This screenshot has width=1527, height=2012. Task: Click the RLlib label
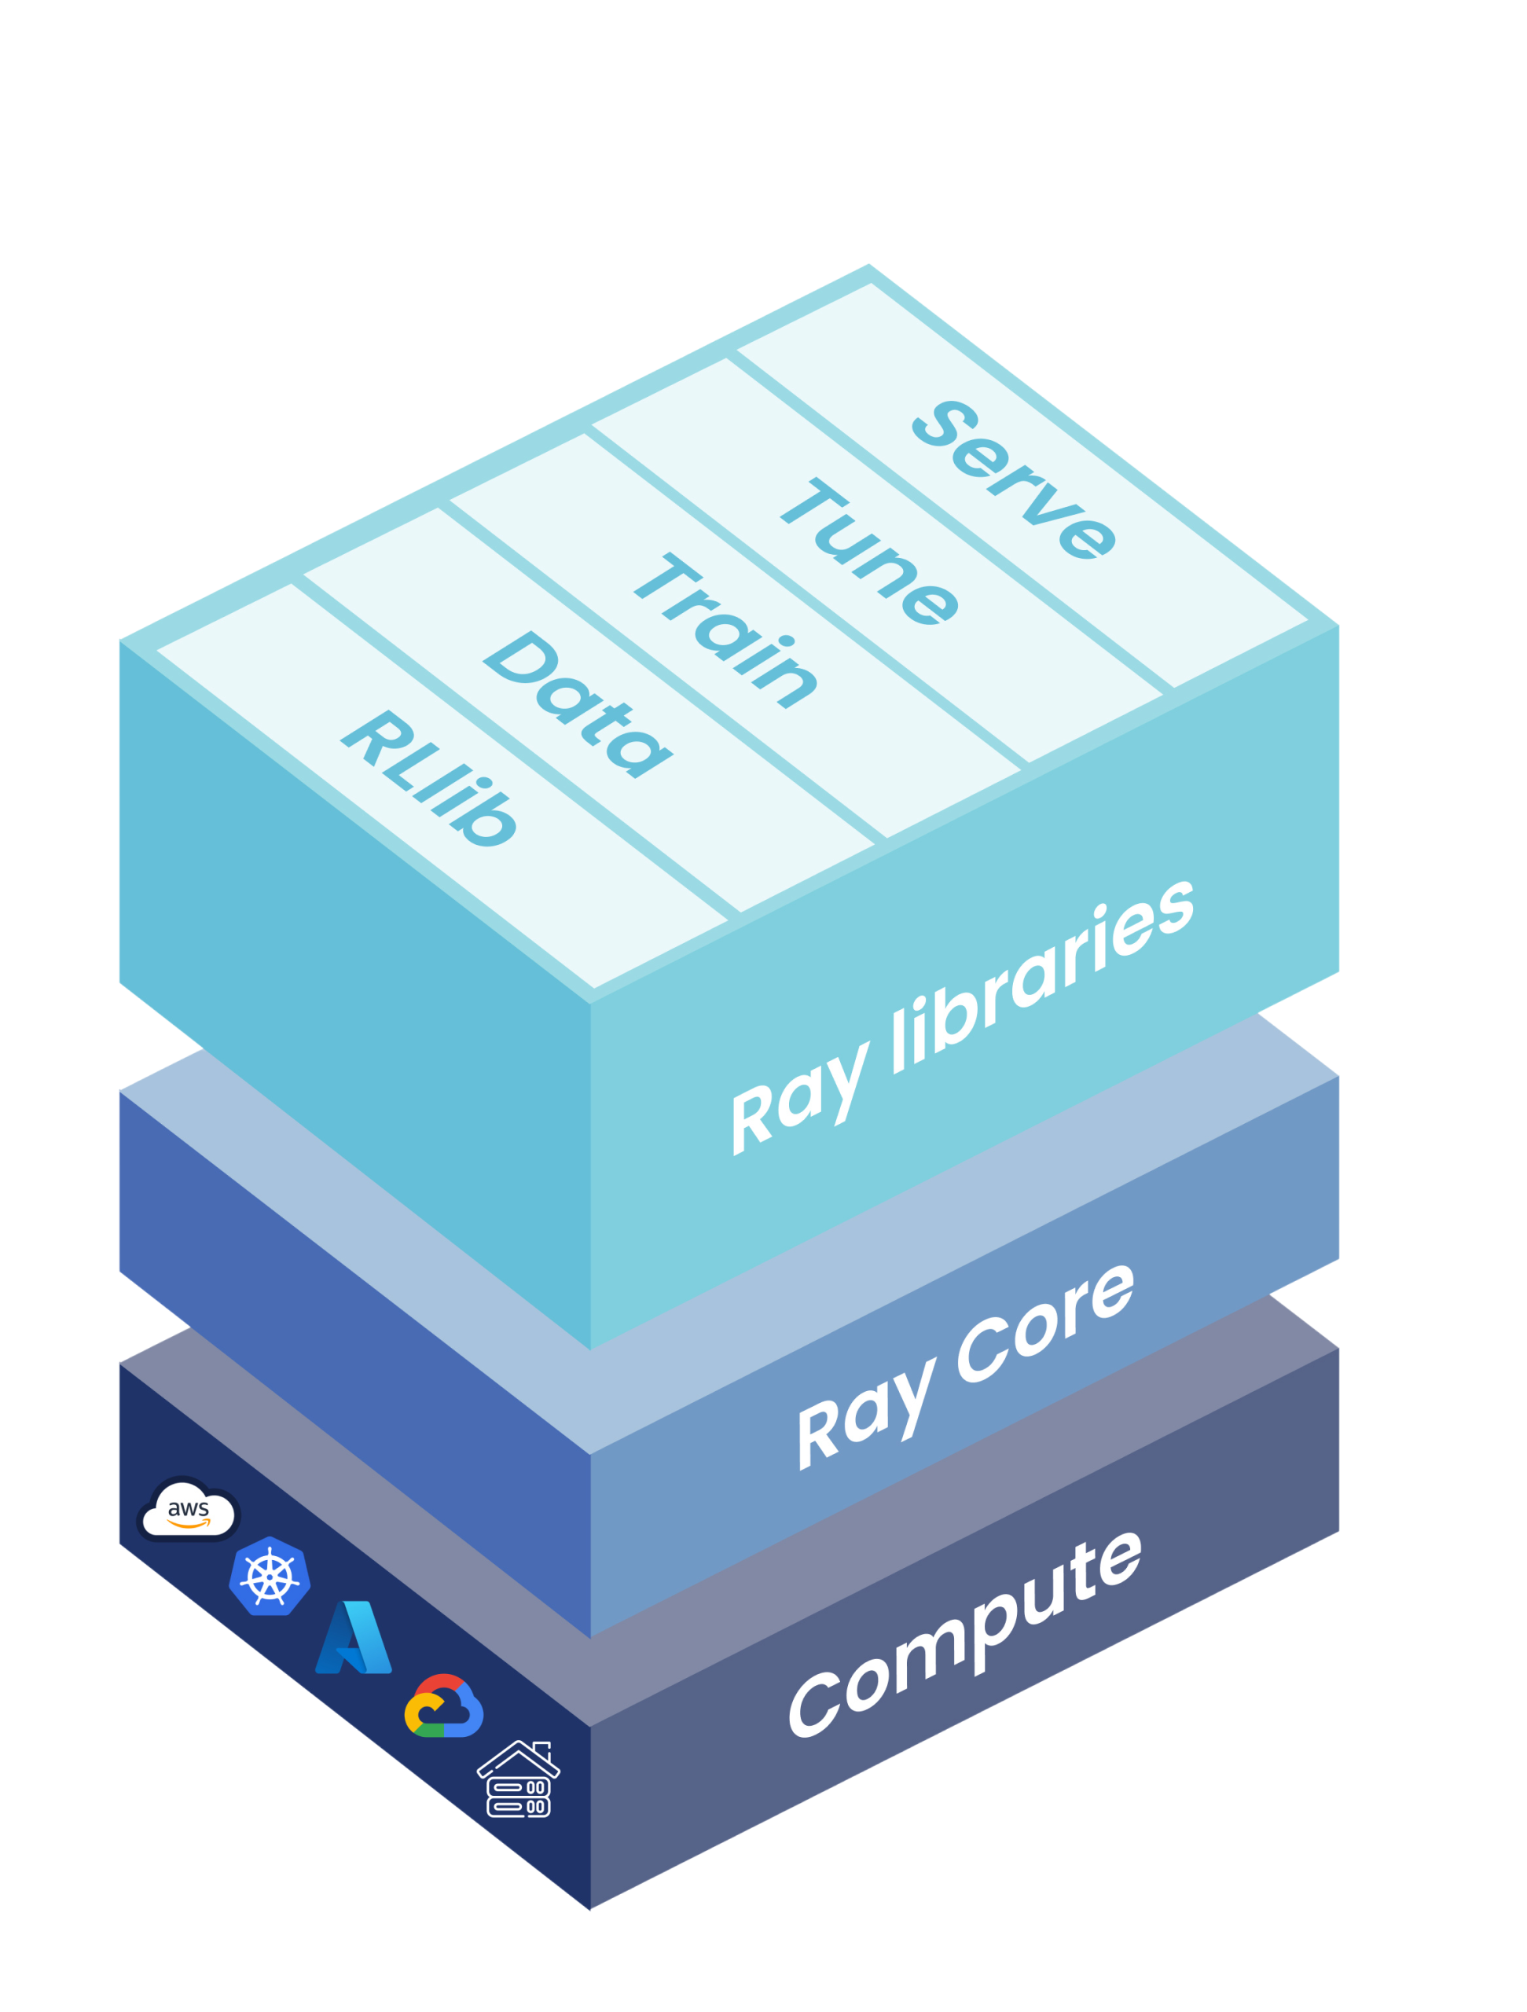coord(429,780)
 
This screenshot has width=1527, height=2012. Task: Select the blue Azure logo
coord(353,1638)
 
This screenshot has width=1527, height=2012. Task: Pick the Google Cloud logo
coord(443,1705)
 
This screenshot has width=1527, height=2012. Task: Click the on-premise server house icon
coord(519,1779)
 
